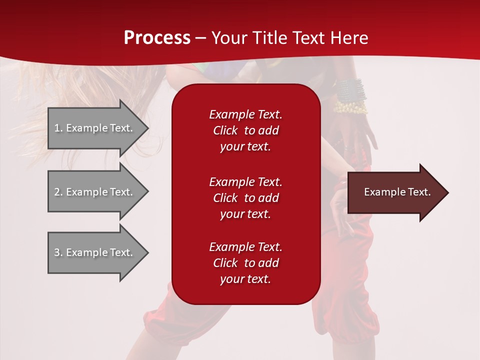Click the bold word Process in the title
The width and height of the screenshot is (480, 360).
coord(157,38)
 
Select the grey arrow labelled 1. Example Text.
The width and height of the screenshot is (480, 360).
coord(95,128)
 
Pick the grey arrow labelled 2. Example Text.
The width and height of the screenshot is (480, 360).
coord(95,192)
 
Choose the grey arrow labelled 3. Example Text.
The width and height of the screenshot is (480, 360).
coord(95,252)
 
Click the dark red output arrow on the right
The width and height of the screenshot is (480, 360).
coord(395,192)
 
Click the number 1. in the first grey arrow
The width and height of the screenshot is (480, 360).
coord(58,128)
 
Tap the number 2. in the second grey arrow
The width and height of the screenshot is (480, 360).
coord(58,192)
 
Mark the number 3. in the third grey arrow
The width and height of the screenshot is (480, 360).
coord(58,252)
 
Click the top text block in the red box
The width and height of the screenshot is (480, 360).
coord(245,130)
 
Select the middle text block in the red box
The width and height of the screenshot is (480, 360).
coord(245,197)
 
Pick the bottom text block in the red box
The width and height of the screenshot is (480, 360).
coord(245,263)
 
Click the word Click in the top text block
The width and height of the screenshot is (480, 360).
coord(225,130)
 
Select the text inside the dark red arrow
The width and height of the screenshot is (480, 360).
coord(397,192)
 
